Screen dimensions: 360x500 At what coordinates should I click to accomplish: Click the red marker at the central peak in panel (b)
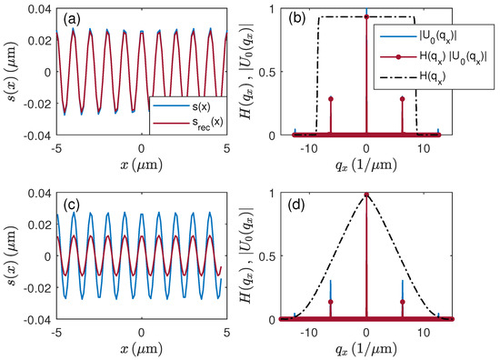pos(365,16)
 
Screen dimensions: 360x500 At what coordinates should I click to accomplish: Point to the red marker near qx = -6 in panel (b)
pos(331,99)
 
